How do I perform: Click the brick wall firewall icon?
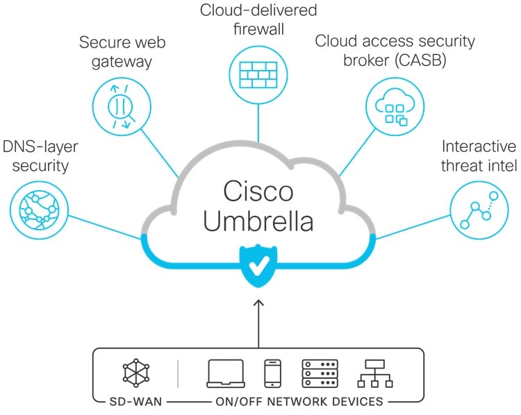259,72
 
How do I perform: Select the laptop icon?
226,373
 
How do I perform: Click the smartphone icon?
272,373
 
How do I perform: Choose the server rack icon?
320,373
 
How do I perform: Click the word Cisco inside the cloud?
259,190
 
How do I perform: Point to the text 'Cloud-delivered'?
258,10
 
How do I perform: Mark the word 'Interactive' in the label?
479,147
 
